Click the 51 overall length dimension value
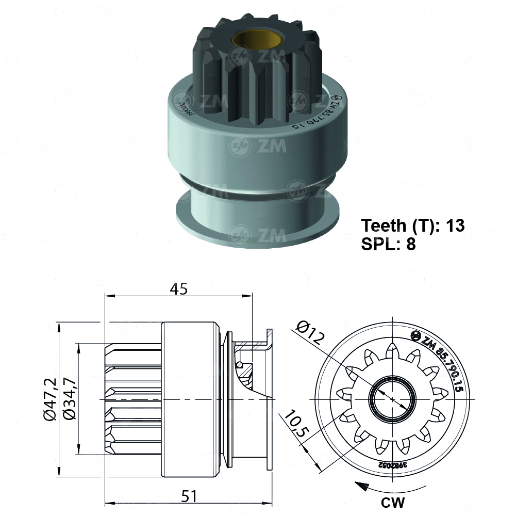point(189,496)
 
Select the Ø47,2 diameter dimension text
point(49,399)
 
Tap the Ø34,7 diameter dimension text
point(69,399)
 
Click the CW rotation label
point(393,502)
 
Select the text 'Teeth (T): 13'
point(413,225)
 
